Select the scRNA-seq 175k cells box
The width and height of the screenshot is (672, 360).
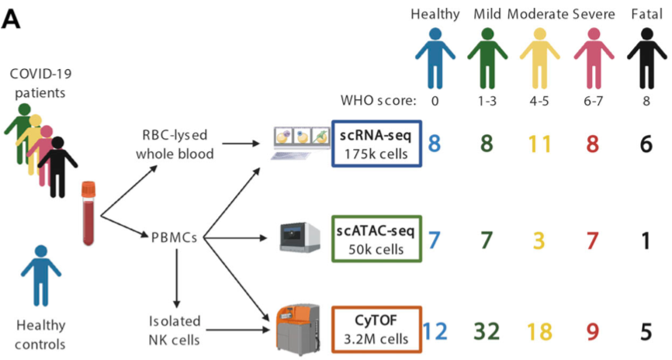pyautogui.click(x=376, y=143)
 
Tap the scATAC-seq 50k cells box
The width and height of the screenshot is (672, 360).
pyautogui.click(x=376, y=239)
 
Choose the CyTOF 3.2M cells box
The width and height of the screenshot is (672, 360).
pyautogui.click(x=376, y=330)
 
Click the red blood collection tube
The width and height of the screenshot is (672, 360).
pyautogui.click(x=89, y=211)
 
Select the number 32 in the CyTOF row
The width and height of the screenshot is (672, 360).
pyautogui.click(x=487, y=331)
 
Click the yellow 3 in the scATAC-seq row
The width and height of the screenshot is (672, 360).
pyautogui.click(x=540, y=241)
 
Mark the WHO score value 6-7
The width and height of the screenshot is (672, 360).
pyautogui.click(x=594, y=101)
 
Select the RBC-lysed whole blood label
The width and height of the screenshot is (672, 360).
pyautogui.click(x=175, y=144)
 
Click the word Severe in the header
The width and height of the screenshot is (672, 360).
pyautogui.click(x=594, y=14)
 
